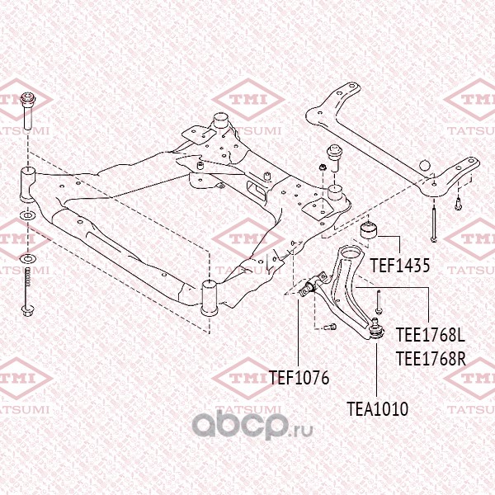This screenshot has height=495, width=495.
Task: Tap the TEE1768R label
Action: coord(431,359)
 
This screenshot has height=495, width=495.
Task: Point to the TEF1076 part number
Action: coord(299,379)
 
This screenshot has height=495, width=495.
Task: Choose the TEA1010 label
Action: coord(378,408)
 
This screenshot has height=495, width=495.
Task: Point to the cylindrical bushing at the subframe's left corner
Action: coord(26,181)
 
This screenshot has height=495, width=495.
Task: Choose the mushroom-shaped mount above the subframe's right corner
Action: coord(336,155)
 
